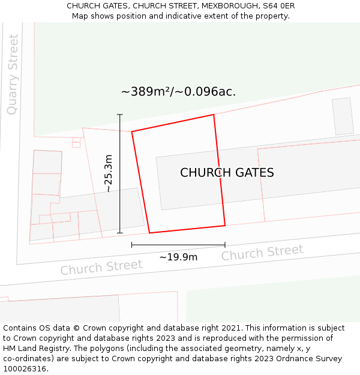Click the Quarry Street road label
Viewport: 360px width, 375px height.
point(13,74)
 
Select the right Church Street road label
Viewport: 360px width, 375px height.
point(262,253)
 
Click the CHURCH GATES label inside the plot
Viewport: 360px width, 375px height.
point(227,173)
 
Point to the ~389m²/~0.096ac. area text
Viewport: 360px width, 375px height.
point(178,92)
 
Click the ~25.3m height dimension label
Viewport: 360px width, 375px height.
point(108,173)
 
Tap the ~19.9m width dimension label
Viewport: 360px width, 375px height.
point(178,257)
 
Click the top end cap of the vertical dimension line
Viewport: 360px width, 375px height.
point(120,115)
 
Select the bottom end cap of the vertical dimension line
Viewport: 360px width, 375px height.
point(120,233)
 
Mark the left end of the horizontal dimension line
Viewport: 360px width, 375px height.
point(131,245)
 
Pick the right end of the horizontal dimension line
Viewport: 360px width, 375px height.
point(225,245)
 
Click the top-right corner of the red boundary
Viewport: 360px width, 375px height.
point(214,115)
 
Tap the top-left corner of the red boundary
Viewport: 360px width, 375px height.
point(132,131)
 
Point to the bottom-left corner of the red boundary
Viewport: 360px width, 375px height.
point(149,233)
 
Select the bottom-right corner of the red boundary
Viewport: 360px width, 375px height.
point(225,226)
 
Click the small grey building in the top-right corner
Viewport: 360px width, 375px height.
point(343,116)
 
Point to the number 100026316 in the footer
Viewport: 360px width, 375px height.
point(25,368)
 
